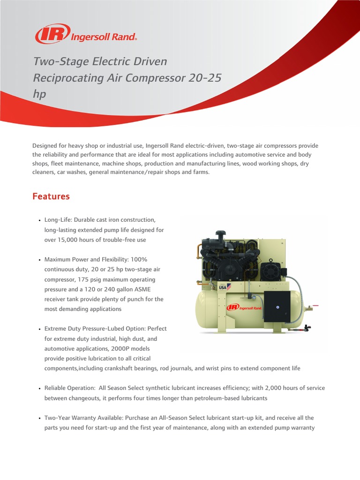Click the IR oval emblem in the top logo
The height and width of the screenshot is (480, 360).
(x=52, y=34)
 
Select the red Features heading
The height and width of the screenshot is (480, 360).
(x=51, y=196)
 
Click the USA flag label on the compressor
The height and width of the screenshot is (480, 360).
(x=225, y=286)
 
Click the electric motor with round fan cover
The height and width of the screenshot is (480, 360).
(x=269, y=270)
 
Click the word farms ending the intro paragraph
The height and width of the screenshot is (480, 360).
(x=200, y=172)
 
